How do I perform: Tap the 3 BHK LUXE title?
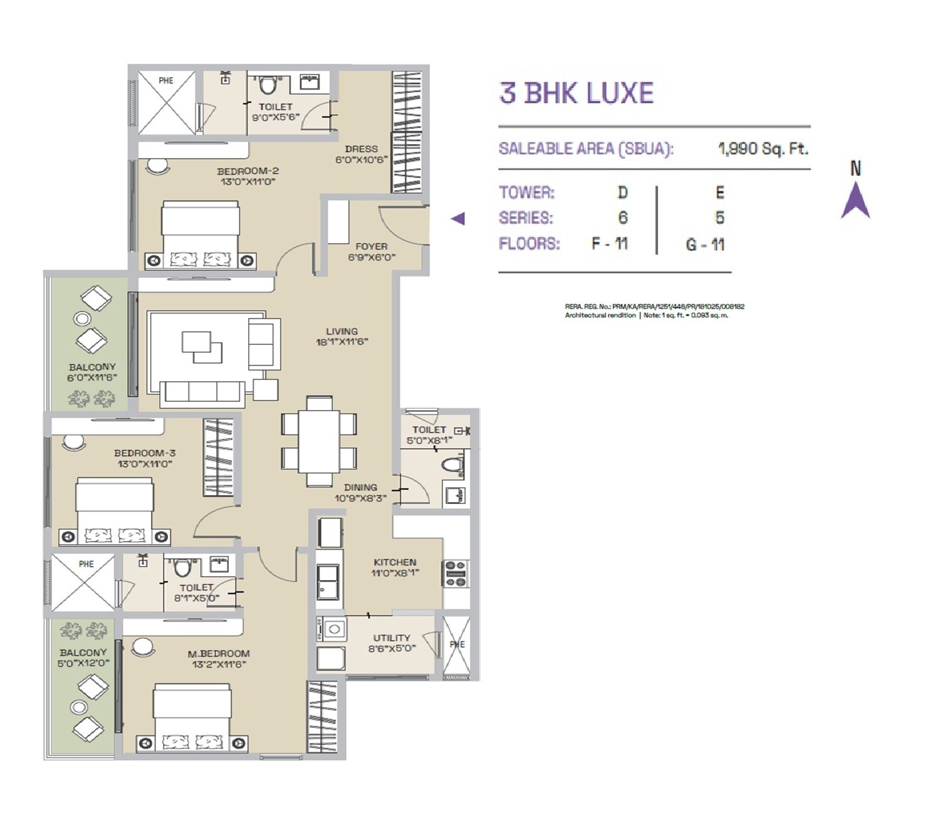point(576,93)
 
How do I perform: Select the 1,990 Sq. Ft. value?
point(763,149)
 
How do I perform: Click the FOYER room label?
point(371,246)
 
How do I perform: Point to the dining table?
point(319,441)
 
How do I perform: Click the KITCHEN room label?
point(395,562)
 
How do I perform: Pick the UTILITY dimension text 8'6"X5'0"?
point(392,648)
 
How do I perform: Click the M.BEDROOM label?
point(219,653)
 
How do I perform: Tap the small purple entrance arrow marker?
point(458,218)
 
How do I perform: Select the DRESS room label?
point(362,149)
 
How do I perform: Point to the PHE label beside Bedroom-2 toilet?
point(166,80)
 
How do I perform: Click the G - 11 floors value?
point(705,244)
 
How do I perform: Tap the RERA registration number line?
point(654,307)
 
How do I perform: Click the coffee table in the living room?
point(202,347)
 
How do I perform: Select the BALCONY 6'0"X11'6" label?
point(92,372)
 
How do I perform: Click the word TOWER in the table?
point(526,192)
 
